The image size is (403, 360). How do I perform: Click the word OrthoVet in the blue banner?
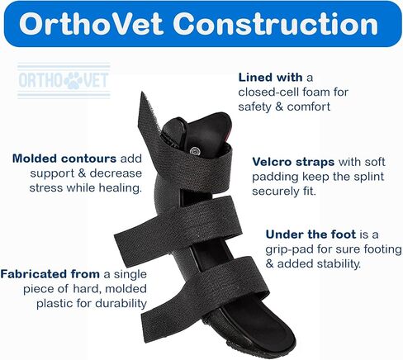coord(91,24)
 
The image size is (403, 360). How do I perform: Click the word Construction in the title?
coord(276,24)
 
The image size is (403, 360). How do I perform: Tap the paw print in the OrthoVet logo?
coord(73,80)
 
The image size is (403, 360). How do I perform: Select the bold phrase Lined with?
coord(270,78)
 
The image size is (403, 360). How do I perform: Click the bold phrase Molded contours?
coord(64,159)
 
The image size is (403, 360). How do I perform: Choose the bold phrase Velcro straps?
coord(293,162)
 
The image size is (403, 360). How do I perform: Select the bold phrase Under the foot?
coord(311,234)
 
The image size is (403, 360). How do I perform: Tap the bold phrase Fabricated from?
coord(50,274)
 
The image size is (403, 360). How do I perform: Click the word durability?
coord(121,304)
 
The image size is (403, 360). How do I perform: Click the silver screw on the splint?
coord(195,150)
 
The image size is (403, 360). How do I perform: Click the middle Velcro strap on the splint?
coord(176,226)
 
